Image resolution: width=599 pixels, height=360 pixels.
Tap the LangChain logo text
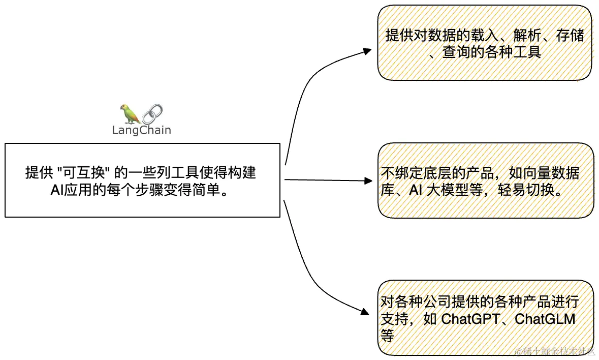(141, 130)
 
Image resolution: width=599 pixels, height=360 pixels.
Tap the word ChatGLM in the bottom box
(544, 320)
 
